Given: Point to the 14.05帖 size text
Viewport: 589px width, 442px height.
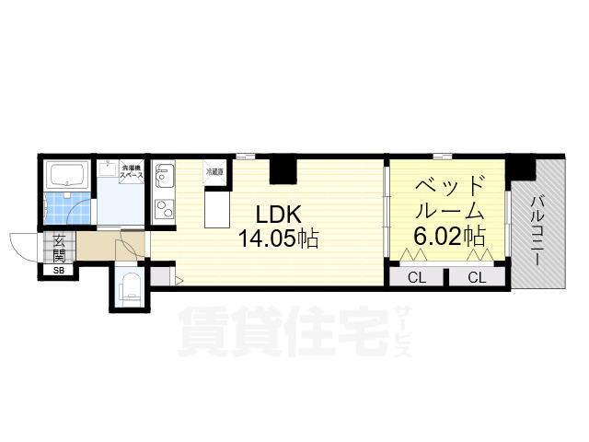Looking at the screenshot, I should coord(279,240).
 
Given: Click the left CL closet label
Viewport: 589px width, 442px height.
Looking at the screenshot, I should coord(416,277).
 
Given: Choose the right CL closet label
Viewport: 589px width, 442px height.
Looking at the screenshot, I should coord(476,277).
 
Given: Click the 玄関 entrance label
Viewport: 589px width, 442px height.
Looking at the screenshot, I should coord(59,248).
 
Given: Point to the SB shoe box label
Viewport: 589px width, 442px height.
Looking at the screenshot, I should coord(59,271).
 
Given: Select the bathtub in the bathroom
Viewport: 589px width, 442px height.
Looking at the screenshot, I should coord(67,175).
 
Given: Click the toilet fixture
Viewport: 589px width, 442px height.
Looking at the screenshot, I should coord(129,286).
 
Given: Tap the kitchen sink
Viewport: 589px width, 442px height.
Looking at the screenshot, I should coord(164,175).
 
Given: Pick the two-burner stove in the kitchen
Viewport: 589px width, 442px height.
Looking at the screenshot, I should coord(163,209).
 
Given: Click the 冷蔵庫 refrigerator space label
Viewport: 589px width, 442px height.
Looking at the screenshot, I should coord(214,171).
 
